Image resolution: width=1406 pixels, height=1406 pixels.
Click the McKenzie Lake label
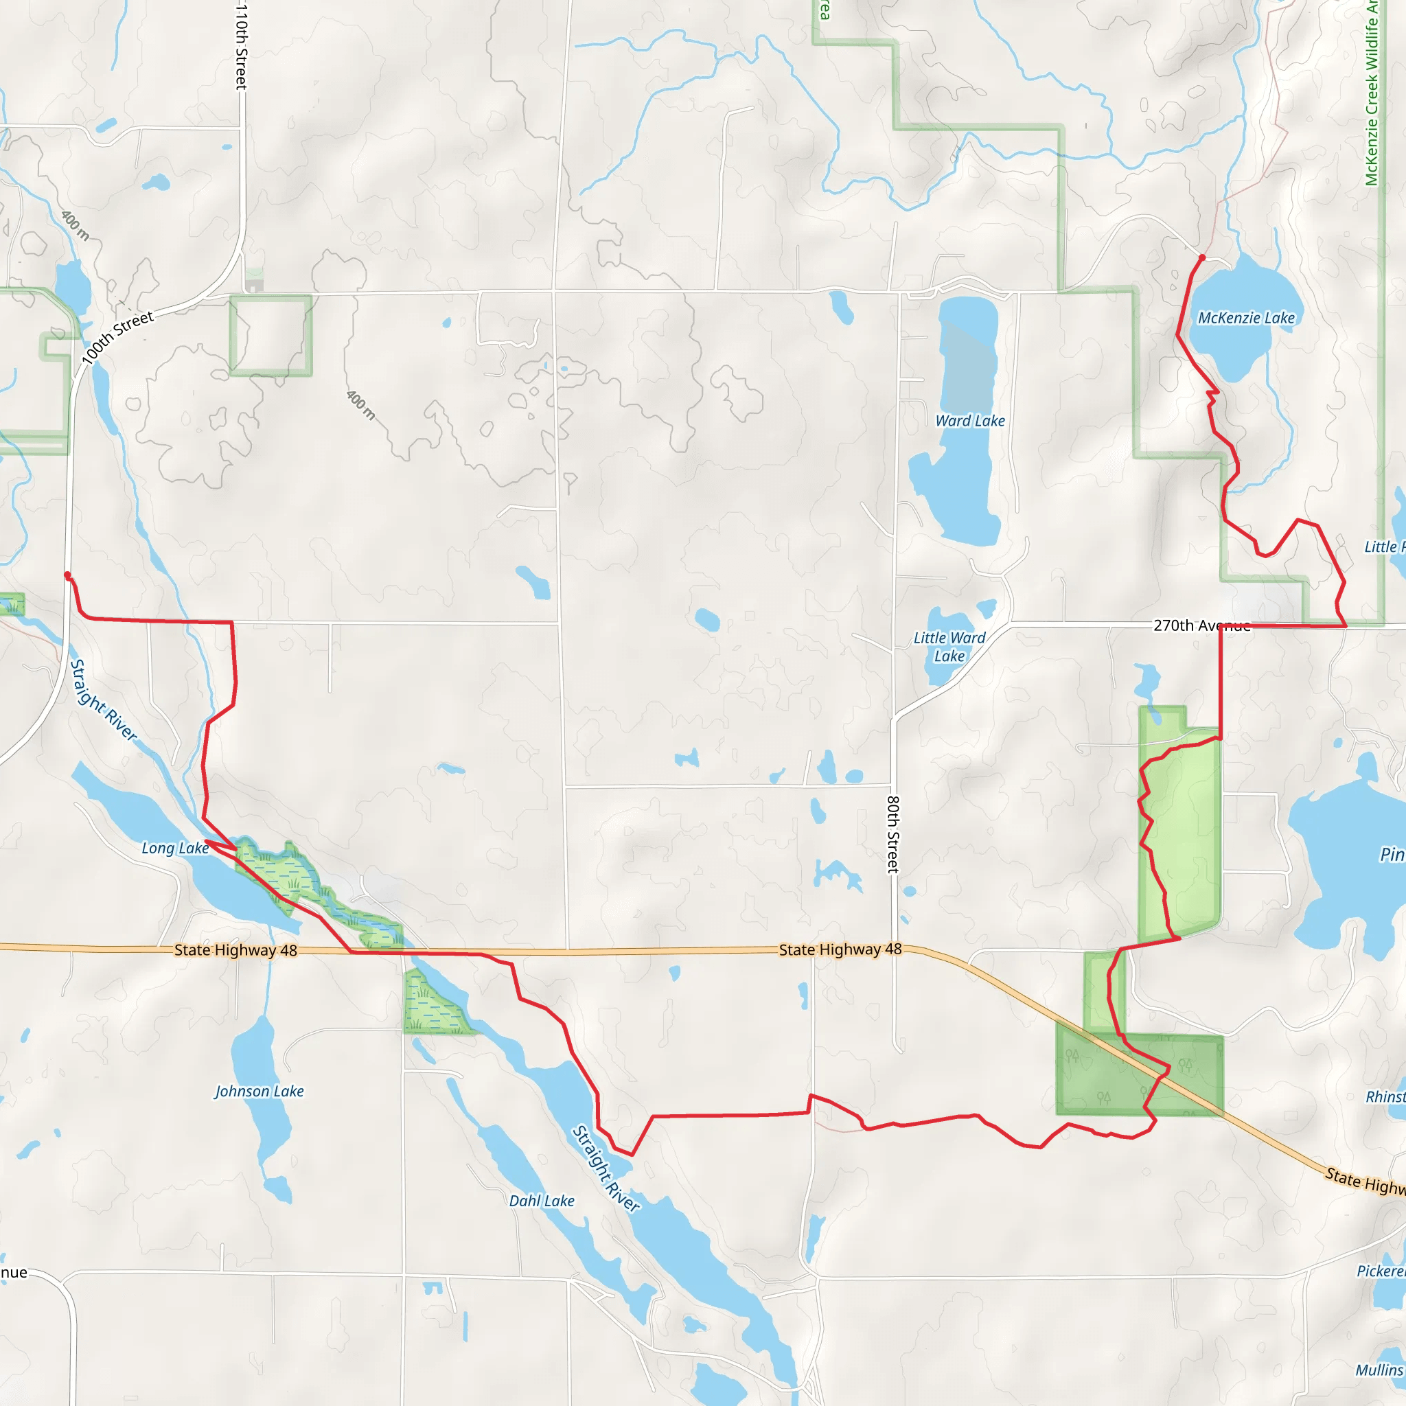point(1246,318)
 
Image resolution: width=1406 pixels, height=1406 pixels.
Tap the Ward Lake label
point(970,421)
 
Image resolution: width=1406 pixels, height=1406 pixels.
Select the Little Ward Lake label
point(949,647)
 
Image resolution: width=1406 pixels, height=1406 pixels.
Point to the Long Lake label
point(174,848)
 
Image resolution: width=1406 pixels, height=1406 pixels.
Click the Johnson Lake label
point(259,1091)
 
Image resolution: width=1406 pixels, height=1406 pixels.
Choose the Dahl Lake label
point(542,1201)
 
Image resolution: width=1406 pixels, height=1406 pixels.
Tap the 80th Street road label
point(893,834)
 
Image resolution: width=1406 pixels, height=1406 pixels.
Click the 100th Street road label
point(117,337)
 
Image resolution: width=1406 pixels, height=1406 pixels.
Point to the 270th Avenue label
point(1201,625)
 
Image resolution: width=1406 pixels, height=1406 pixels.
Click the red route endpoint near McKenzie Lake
point(1202,257)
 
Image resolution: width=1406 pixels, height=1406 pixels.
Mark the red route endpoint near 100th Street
point(68,575)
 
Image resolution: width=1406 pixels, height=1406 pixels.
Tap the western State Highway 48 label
point(235,949)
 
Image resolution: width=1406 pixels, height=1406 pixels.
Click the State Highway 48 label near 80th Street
point(840,949)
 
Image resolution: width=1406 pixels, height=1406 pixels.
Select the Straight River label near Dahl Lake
point(606,1168)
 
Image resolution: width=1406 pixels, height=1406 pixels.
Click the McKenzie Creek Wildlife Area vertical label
point(1372,95)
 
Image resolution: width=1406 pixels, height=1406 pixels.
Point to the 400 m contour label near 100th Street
point(75,226)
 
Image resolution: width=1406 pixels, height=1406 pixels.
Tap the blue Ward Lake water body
point(959,481)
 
